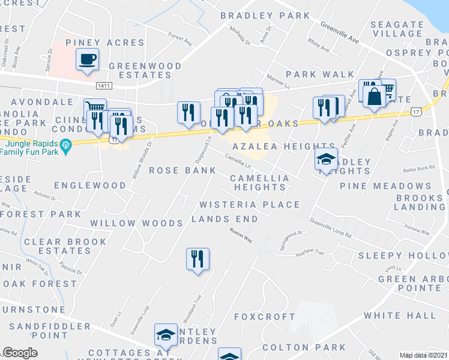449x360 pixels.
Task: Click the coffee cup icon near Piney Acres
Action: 87,59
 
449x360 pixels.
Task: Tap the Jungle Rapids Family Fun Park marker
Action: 67,145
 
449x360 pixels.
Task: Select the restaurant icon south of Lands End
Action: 197,259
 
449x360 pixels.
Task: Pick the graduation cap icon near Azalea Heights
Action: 326,160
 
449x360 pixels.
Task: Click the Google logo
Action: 20,353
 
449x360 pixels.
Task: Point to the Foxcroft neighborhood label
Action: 264,316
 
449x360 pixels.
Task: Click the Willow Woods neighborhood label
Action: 136,223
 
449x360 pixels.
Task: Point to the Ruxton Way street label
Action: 241,233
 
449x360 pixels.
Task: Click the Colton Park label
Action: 304,347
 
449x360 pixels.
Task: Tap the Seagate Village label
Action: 397,29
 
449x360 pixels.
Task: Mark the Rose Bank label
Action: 182,170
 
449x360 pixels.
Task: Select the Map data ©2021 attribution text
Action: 424,355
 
